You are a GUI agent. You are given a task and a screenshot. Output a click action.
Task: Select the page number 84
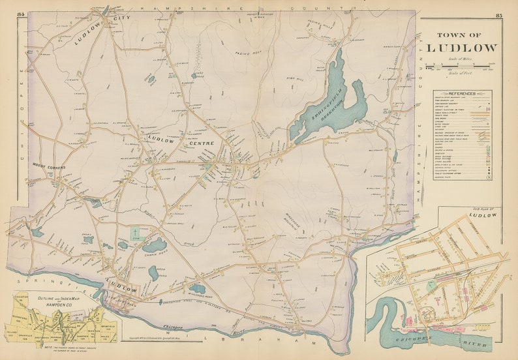click(22, 14)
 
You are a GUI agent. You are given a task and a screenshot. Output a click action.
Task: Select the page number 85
click(498, 15)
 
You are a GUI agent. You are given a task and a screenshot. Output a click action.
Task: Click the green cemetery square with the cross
click(136, 233)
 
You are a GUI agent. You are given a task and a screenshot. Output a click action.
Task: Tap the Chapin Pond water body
click(155, 245)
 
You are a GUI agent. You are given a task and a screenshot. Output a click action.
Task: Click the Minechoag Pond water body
click(198, 289)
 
